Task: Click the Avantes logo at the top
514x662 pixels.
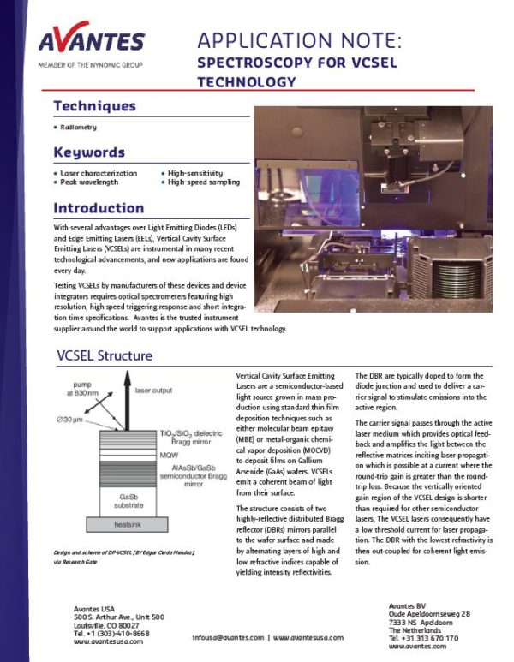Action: point(91,40)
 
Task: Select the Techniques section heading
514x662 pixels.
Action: point(94,106)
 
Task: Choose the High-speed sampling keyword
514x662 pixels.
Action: point(203,182)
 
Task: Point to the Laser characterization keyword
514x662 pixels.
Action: point(98,172)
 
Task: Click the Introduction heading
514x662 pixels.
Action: point(99,208)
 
